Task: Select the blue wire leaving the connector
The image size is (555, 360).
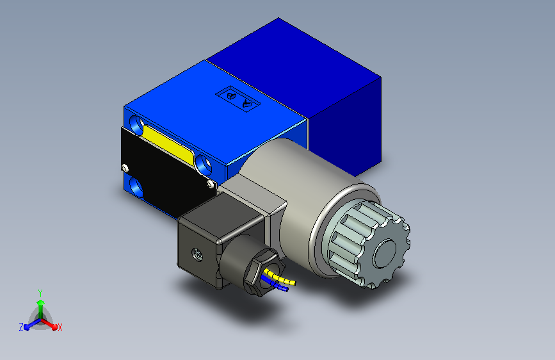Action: coord(275,284)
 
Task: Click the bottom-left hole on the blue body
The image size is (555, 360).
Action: coord(136,186)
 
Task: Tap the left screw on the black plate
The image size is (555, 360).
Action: coord(125,168)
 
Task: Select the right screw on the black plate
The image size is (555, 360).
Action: coord(211,184)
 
